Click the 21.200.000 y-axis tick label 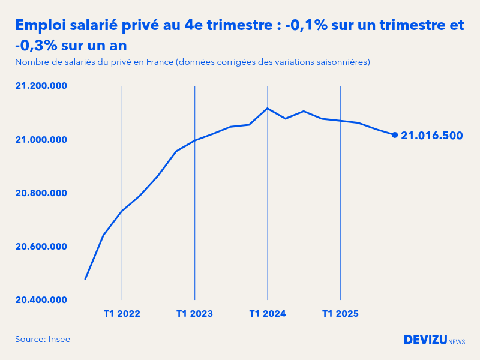[x=41, y=86]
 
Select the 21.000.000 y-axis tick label [x=41, y=140]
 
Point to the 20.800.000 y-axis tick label [x=41, y=193]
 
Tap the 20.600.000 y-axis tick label [x=41, y=247]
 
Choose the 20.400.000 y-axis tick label [x=41, y=300]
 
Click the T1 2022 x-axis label [x=122, y=314]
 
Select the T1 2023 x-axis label [x=194, y=314]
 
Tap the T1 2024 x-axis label [x=268, y=314]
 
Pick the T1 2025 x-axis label [x=340, y=314]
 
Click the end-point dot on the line [x=395, y=135]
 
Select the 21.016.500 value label [x=432, y=136]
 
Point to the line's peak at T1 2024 [x=268, y=108]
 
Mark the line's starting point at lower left [x=85, y=279]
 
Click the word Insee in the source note [x=59, y=340]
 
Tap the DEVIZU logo [x=425, y=340]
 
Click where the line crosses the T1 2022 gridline [x=122, y=211]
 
